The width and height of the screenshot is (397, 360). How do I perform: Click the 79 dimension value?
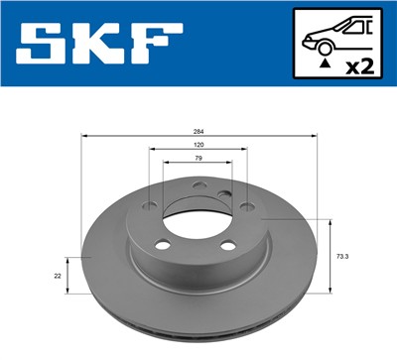coord(198,159)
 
